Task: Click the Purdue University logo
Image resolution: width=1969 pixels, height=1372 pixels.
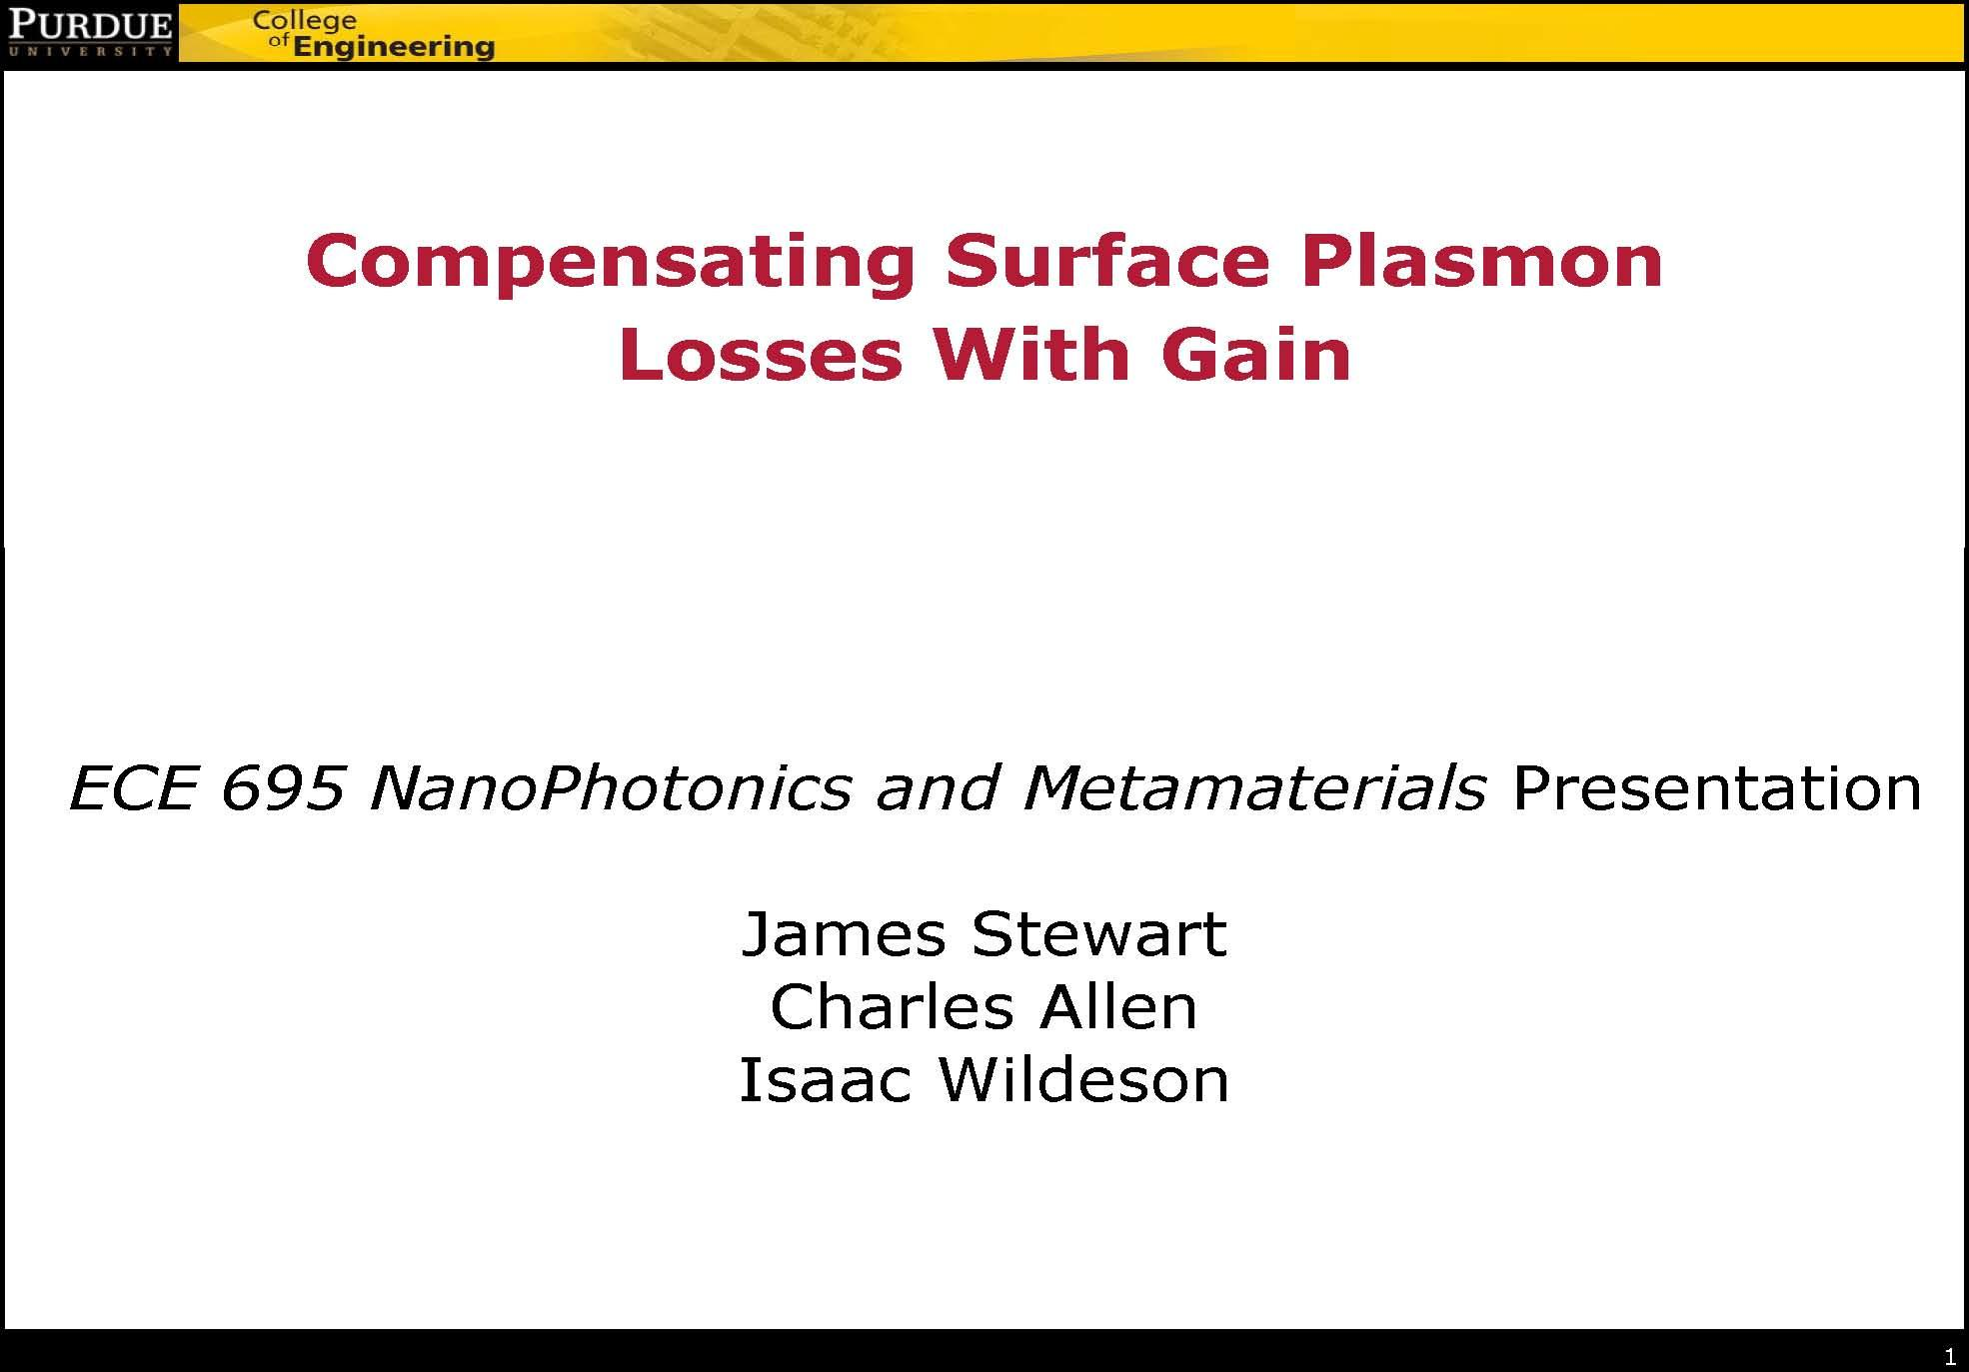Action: (90, 32)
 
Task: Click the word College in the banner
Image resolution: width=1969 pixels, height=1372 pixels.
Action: (305, 21)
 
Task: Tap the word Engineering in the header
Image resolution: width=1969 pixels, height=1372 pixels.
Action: (394, 47)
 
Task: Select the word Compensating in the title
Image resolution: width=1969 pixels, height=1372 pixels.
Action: (611, 263)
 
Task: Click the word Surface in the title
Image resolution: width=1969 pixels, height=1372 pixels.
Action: (1107, 261)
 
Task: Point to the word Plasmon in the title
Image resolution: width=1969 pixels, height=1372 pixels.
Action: (1481, 261)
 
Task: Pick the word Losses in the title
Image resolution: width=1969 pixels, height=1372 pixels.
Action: (761, 355)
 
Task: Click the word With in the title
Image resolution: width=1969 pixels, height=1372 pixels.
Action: (1031, 355)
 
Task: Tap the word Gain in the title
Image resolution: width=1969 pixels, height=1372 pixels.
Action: (1256, 355)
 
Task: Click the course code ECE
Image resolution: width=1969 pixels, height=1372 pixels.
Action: (132, 787)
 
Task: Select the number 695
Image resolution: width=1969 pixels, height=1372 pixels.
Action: (283, 787)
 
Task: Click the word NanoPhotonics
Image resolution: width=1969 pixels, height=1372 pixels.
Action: (610, 789)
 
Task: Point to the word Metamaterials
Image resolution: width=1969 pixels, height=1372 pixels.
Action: (1254, 787)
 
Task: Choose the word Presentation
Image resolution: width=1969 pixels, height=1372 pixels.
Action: (1717, 787)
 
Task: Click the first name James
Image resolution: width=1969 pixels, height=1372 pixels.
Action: (844, 934)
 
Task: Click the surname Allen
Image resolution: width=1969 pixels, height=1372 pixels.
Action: (1118, 1006)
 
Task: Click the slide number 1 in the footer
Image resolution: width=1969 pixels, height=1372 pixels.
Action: (1950, 1357)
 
